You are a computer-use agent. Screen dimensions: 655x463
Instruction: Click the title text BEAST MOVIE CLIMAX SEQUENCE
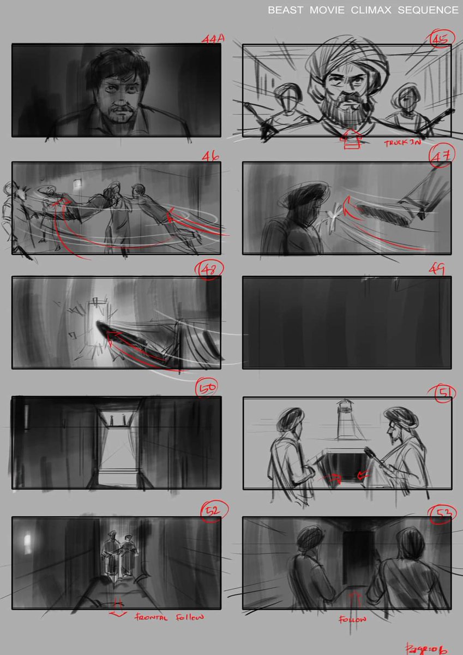(x=363, y=10)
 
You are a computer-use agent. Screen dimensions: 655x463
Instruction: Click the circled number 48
(x=206, y=270)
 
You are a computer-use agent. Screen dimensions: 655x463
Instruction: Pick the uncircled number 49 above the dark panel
(x=437, y=269)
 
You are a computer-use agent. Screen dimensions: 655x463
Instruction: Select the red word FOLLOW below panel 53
(x=352, y=619)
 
